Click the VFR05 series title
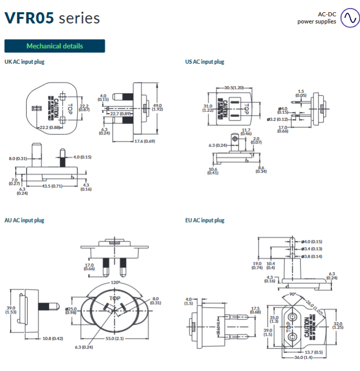coord(52,18)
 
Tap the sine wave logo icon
coord(350,17)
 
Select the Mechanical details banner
coord(55,46)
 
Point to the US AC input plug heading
coord(204,62)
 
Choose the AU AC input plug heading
coord(24,220)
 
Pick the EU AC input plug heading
coord(204,220)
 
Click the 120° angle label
coord(116,282)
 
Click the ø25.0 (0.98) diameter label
coord(71,311)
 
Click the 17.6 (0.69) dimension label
coord(145,141)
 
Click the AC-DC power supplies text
coord(317,18)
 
